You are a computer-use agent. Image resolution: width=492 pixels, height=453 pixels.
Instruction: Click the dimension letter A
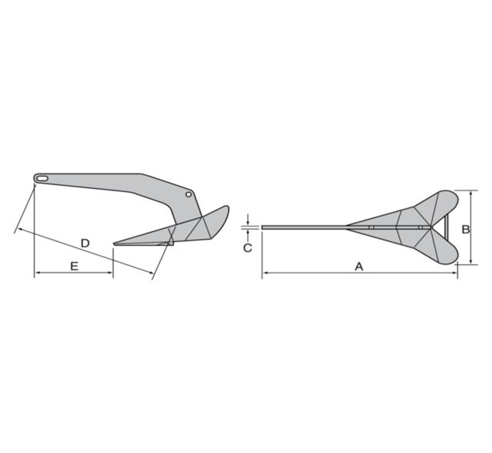(x=359, y=267)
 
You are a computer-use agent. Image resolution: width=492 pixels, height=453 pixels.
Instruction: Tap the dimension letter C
(x=248, y=248)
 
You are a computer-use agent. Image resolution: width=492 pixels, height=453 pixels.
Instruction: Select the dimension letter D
(x=85, y=243)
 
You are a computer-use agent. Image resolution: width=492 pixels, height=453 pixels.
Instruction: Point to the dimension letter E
(x=74, y=266)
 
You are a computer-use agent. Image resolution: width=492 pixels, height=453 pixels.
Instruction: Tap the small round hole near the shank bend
(x=189, y=195)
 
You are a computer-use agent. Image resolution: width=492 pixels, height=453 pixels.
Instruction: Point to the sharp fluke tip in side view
(x=115, y=243)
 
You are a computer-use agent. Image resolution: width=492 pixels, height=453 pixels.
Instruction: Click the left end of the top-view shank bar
(x=264, y=227)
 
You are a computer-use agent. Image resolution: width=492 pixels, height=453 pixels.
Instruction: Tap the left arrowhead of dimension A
(x=264, y=273)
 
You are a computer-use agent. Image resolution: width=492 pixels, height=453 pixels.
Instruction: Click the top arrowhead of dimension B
(x=470, y=193)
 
